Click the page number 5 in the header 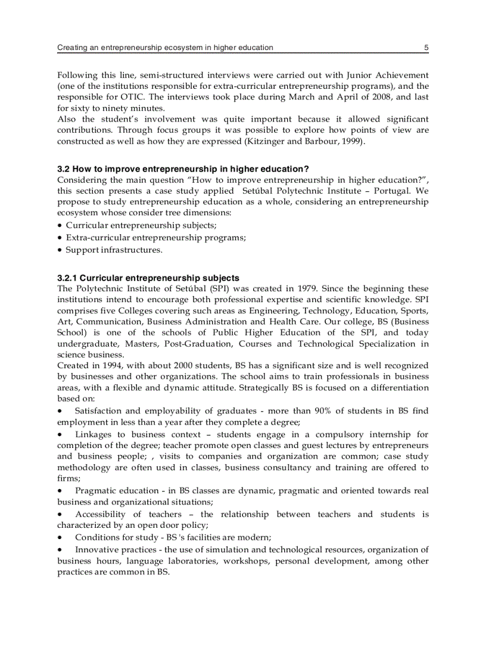pos(426,48)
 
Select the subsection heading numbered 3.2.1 pos(148,278)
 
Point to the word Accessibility pos(101,514)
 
